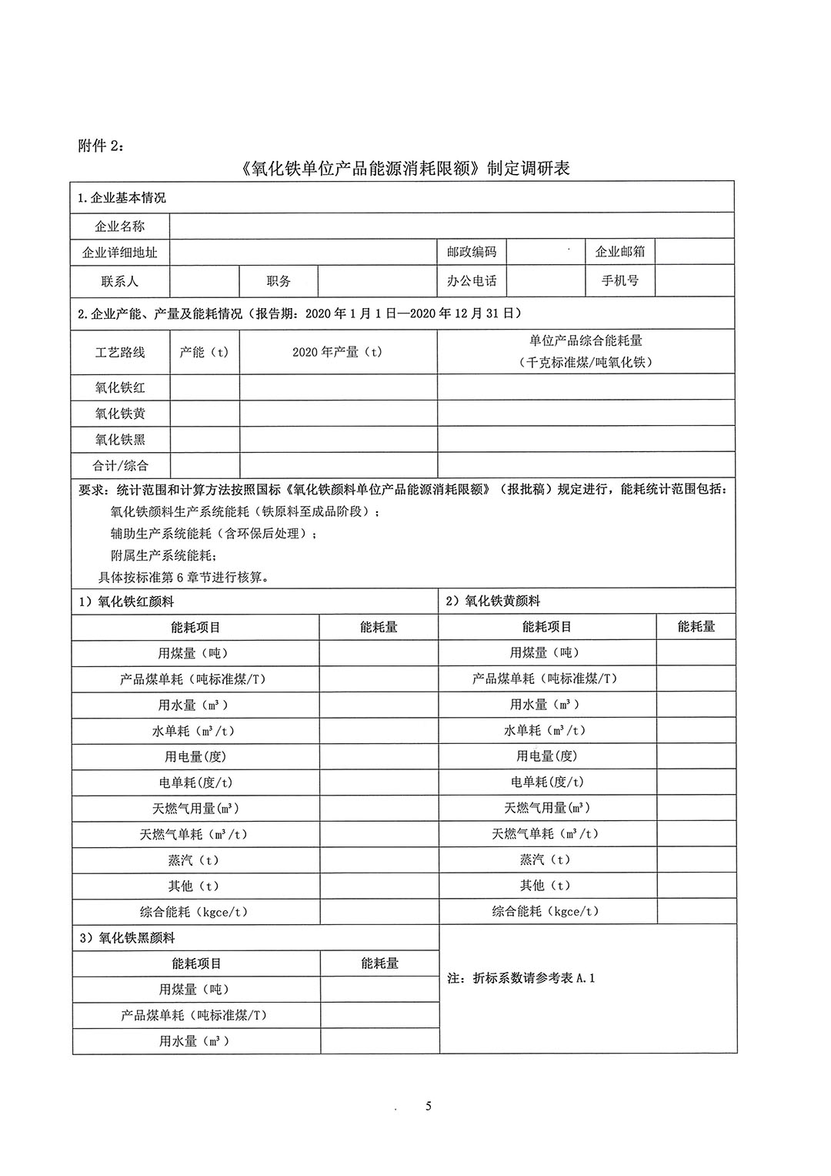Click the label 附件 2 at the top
coord(100,146)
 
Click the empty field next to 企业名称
coord(451,226)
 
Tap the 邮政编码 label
coord(472,252)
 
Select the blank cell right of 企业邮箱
coord(694,252)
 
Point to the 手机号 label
coord(619,281)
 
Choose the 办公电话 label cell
coord(472,281)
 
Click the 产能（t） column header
coord(204,352)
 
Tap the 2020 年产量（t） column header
coord(338,352)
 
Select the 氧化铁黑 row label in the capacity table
coord(120,440)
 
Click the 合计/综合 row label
coord(120,465)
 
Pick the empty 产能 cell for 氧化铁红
coord(205,387)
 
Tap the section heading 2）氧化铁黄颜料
coord(493,601)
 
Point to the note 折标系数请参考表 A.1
coord(521,978)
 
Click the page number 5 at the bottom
coord(429,1107)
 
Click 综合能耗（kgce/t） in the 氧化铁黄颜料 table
coord(546,911)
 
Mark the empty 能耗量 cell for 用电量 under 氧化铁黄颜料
coord(696,756)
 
